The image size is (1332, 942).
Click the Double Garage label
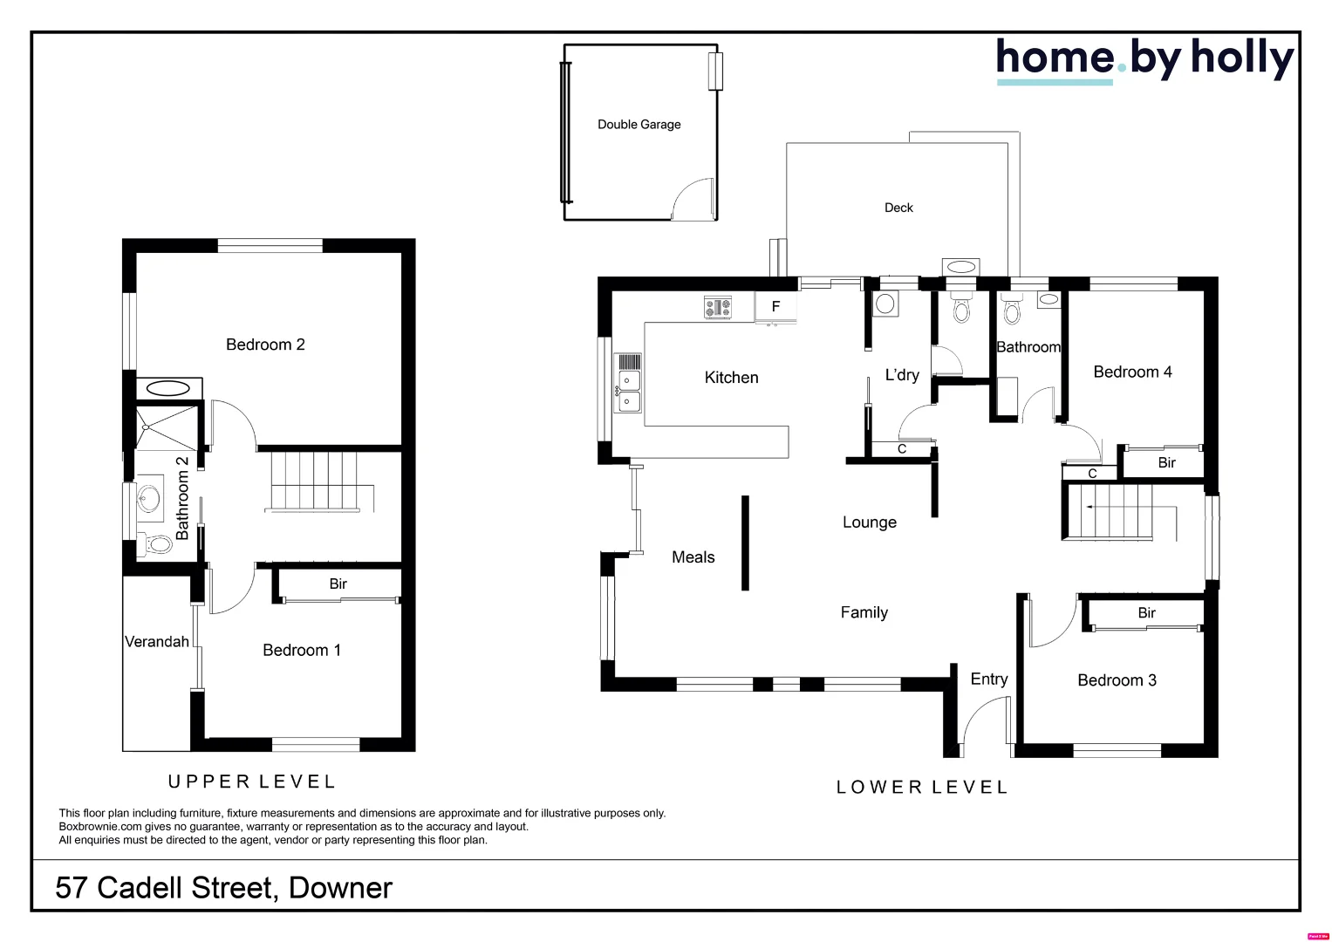[639, 125]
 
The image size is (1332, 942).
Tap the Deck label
[898, 208]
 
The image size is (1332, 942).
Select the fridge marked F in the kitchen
[775, 307]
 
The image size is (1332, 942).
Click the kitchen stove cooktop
[718, 307]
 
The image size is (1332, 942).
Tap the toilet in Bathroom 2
[158, 544]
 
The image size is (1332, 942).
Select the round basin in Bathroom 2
[147, 499]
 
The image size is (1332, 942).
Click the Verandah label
[157, 642]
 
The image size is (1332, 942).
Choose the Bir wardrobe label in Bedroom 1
[338, 584]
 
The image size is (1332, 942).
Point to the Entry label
[989, 679]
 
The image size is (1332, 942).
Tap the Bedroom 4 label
[1132, 372]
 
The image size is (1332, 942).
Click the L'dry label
[902, 375]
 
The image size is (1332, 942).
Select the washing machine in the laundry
[885, 304]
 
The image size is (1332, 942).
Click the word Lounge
[869, 522]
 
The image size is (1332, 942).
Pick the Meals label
[693, 557]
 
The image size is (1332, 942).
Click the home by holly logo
[1144, 59]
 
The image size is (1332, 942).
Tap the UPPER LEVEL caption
[251, 782]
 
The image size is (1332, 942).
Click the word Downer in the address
[340, 888]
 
